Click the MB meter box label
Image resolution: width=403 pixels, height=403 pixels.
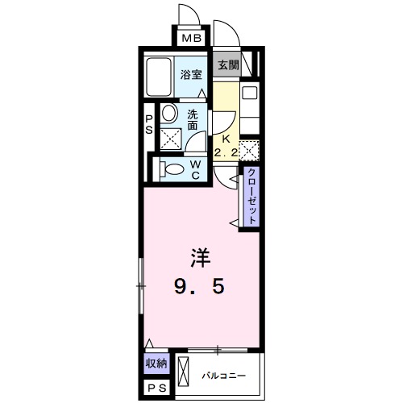[192, 38]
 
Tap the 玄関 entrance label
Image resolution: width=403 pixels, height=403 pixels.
[228, 65]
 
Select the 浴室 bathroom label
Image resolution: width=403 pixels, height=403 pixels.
[191, 75]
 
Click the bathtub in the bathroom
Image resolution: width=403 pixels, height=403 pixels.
[159, 77]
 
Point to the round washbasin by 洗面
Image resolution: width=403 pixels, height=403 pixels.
[169, 113]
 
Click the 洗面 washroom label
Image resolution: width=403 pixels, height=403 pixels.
[193, 120]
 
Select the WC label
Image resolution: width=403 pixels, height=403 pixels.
[196, 170]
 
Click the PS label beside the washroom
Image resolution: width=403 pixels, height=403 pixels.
[149, 124]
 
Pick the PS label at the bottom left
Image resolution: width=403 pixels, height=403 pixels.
[157, 388]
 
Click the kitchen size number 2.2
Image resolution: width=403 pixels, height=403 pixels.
[226, 153]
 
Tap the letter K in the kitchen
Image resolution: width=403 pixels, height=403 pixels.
[226, 139]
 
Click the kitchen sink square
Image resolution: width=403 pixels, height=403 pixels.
[249, 93]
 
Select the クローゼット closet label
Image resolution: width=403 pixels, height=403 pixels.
[251, 197]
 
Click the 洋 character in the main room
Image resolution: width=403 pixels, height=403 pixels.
[200, 258]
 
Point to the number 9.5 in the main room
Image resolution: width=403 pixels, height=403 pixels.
[199, 286]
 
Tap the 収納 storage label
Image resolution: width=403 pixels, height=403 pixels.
[156, 364]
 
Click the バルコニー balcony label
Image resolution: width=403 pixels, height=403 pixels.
[224, 376]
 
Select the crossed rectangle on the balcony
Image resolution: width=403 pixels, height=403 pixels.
[184, 372]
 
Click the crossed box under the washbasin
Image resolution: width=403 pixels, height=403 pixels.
[171, 138]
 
